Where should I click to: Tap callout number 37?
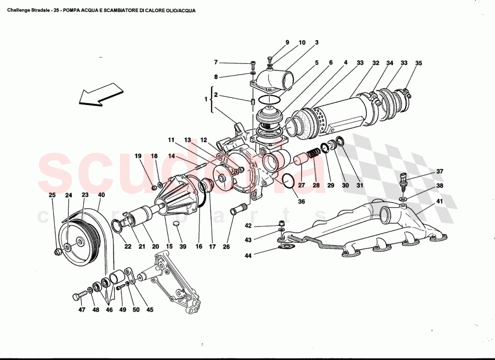439,171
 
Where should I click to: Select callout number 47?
81,310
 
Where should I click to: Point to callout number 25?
52,195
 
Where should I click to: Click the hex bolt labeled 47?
77,297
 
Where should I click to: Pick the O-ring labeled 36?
288,181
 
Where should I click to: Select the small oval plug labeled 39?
177,224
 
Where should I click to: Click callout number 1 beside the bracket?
207,98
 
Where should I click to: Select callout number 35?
418,63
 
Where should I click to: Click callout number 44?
248,256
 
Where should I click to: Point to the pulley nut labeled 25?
58,252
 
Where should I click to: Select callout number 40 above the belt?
101,195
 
